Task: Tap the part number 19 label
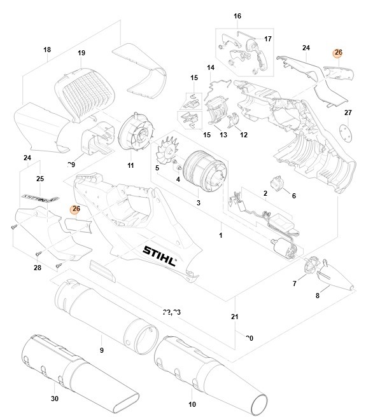[81, 53]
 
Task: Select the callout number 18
[46, 50]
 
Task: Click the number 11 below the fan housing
[130, 166]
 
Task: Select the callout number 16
[237, 16]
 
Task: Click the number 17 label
[268, 39]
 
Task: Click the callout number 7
[294, 284]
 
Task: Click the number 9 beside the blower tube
[101, 350]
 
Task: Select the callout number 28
[37, 268]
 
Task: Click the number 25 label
[39, 179]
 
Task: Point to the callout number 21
[234, 316]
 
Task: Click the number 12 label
[243, 135]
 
